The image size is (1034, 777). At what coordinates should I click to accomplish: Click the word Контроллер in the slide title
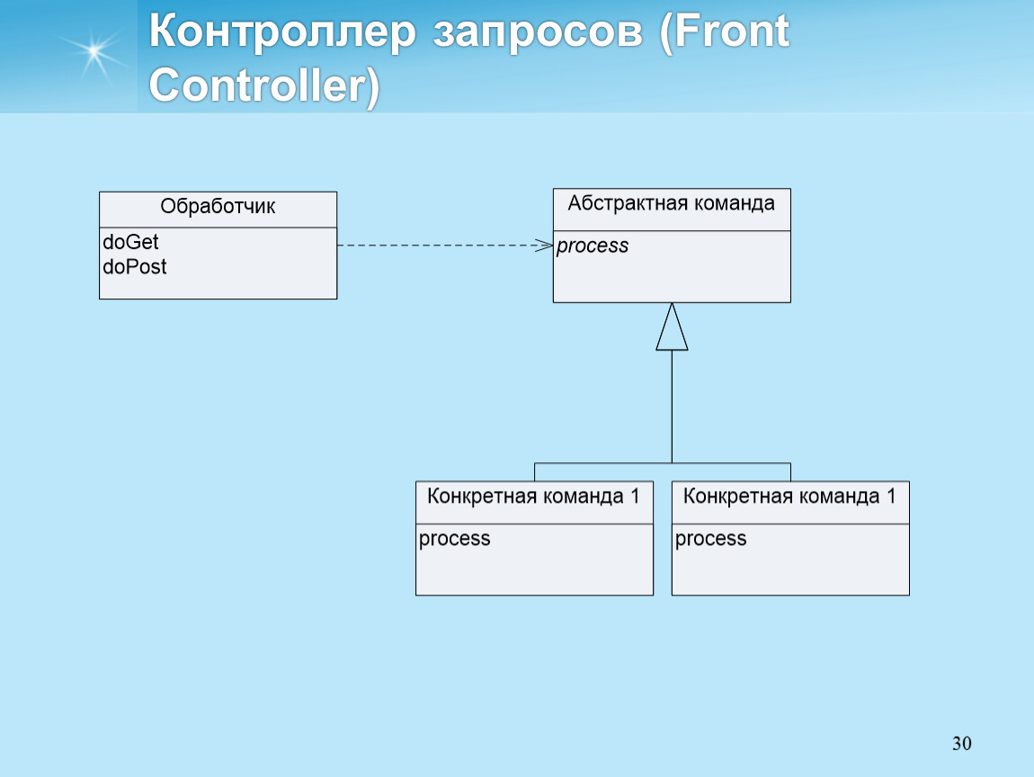(283, 31)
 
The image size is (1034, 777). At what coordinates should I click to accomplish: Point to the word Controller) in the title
(264, 85)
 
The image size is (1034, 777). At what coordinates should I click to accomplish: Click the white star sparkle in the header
(94, 50)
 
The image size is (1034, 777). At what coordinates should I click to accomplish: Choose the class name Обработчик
(218, 207)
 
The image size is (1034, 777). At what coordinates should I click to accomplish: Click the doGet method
(130, 242)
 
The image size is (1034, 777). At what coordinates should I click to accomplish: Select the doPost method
(135, 266)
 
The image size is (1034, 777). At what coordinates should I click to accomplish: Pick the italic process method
(593, 246)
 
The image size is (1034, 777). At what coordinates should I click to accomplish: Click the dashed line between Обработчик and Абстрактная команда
(445, 246)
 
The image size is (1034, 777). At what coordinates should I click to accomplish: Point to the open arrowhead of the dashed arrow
(546, 246)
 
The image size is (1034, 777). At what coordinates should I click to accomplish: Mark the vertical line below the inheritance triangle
(672, 406)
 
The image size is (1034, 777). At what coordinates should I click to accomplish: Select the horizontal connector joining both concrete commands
(663, 463)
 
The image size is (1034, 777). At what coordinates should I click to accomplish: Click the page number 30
(961, 744)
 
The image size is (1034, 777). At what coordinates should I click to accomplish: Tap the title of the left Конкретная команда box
(533, 496)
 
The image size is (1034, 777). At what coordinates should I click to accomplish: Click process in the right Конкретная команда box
(711, 539)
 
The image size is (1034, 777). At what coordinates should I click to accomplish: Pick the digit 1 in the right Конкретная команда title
(891, 496)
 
